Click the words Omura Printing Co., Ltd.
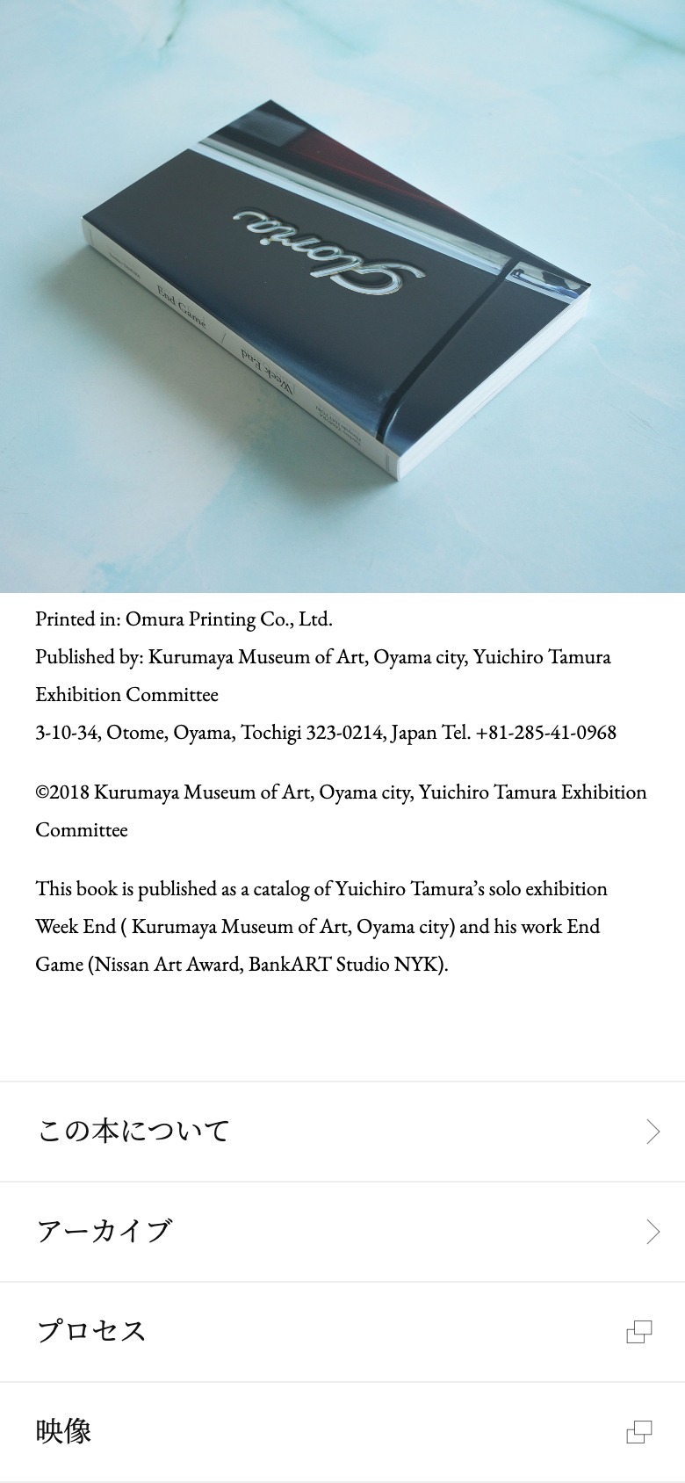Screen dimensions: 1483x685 coord(228,619)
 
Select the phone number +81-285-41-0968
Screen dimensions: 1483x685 coord(545,733)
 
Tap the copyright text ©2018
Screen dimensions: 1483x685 coord(62,792)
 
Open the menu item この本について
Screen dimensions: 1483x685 coord(133,1132)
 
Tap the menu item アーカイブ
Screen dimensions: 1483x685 coord(105,1232)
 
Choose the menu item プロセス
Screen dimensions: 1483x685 coord(91,1332)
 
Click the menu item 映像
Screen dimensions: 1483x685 coord(64,1432)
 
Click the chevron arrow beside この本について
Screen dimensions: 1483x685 coord(653,1132)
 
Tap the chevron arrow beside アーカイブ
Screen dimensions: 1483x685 coord(653,1232)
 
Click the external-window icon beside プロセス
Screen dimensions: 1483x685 coord(639,1332)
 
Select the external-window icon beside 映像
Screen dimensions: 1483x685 coord(639,1432)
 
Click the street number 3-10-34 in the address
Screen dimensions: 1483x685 coord(66,733)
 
